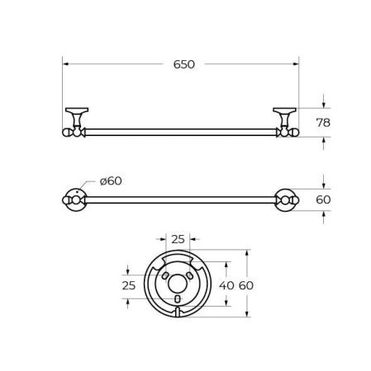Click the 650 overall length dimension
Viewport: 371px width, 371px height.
pyautogui.click(x=184, y=63)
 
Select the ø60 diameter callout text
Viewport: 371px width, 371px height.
pyautogui.click(x=110, y=181)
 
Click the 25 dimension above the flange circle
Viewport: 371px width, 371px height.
pyautogui.click(x=178, y=239)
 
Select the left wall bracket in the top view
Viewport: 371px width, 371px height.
pyautogui.click(x=75, y=119)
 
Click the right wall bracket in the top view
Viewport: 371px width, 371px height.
pyautogui.click(x=284, y=119)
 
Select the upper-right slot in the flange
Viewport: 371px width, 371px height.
pyautogui.click(x=190, y=273)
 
